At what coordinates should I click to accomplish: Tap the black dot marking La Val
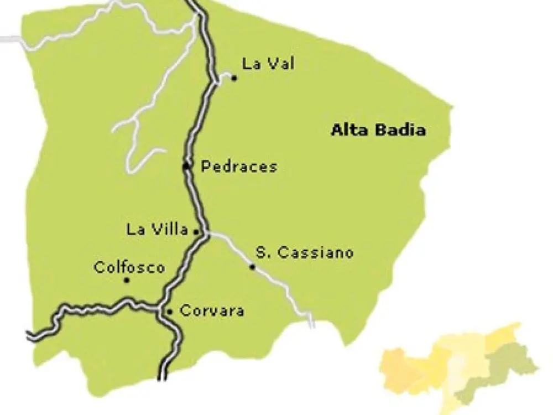coord(234,79)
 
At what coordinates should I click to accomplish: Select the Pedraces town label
coord(238,166)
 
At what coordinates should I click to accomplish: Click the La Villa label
coord(157,230)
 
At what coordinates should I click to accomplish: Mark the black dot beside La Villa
coord(196,232)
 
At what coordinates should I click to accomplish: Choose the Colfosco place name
coord(129,268)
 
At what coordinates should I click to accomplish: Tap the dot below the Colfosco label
coord(127,281)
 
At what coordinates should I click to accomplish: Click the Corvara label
coord(212,311)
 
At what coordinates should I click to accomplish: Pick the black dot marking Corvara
coord(170,312)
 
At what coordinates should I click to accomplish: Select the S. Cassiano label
coord(304,253)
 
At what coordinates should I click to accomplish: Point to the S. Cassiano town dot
coord(252,267)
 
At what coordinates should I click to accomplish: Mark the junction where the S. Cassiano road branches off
coord(207,235)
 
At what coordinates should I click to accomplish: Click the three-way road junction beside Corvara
coord(160,309)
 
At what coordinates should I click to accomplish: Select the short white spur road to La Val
coord(223,77)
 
